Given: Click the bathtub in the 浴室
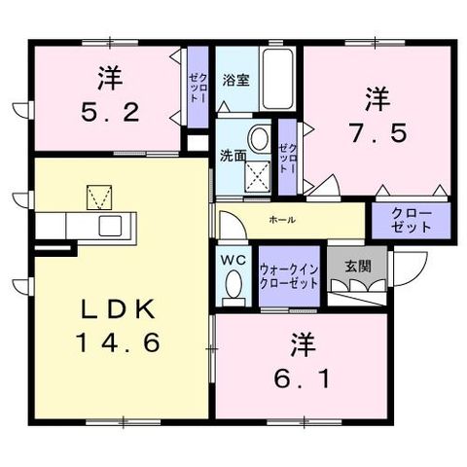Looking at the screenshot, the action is [277, 79].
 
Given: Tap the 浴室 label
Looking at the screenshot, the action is [235, 80].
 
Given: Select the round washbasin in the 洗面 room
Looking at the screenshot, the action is [260, 139].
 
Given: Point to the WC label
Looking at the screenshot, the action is [233, 260].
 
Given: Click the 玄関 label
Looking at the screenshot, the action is [358, 267].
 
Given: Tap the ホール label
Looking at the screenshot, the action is [282, 220].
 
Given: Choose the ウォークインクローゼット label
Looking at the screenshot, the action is [289, 276].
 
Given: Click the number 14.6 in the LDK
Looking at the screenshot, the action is [118, 342].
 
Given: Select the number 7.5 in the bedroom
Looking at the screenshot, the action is [377, 133].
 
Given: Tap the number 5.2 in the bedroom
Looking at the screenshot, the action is [110, 112].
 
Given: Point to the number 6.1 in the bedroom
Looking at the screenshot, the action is [303, 378].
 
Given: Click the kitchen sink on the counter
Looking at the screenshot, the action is [110, 226].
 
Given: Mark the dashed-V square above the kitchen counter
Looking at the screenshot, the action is [99, 198].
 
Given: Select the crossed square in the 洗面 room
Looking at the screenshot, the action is [257, 176].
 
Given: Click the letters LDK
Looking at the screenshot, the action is [118, 309].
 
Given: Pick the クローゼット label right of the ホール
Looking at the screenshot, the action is [412, 221].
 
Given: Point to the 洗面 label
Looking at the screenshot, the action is [233, 156].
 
